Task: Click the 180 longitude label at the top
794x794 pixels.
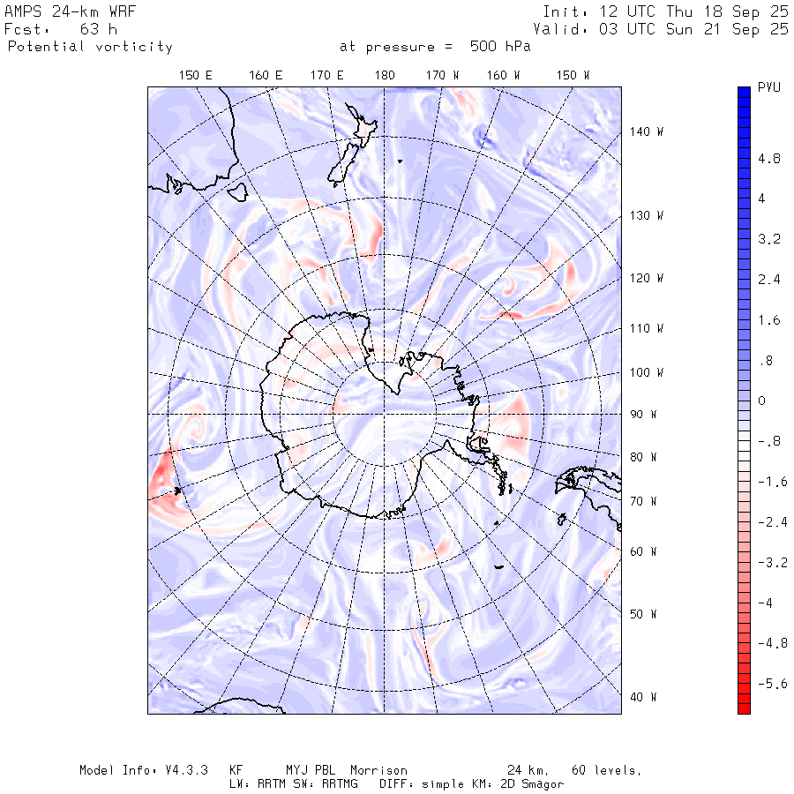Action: (x=385, y=76)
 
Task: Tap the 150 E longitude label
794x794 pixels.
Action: (x=196, y=76)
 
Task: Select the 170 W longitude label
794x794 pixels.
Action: (x=443, y=76)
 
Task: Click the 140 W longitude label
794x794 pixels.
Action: (x=647, y=131)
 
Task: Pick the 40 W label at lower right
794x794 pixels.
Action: (x=642, y=697)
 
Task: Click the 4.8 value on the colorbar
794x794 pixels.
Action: (x=769, y=160)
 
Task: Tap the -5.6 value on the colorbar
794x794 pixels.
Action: (x=772, y=684)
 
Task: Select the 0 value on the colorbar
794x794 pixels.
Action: (x=762, y=401)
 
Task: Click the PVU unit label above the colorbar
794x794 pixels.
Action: (x=769, y=89)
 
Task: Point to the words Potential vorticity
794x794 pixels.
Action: (x=90, y=47)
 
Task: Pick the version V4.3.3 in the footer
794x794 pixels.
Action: (x=184, y=770)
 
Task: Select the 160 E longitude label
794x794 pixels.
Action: (x=266, y=76)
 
